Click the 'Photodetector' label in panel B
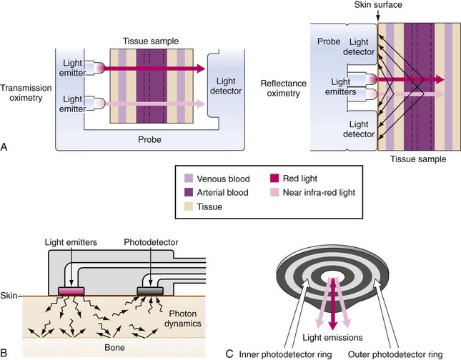150,244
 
